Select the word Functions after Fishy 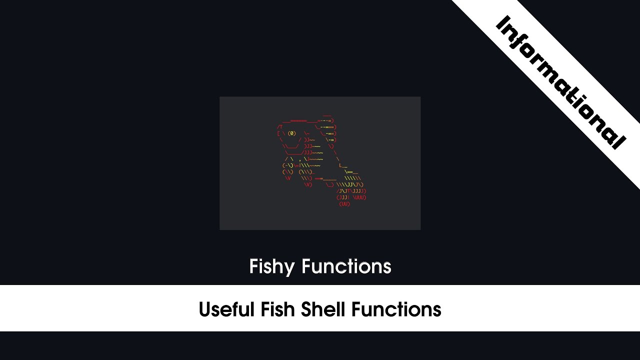(x=346, y=266)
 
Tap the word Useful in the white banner (x=227, y=309)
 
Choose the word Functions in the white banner (x=396, y=309)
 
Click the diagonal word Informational (x=560, y=82)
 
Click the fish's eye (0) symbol (x=292, y=133)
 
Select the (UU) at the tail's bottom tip (x=344, y=204)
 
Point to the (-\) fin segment (x=287, y=165)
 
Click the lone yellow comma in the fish (x=299, y=159)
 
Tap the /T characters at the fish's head (x=280, y=127)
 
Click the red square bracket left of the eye (x=278, y=133)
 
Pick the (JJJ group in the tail (x=342, y=197)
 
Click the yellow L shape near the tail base (x=341, y=165)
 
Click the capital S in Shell (x=306, y=309)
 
